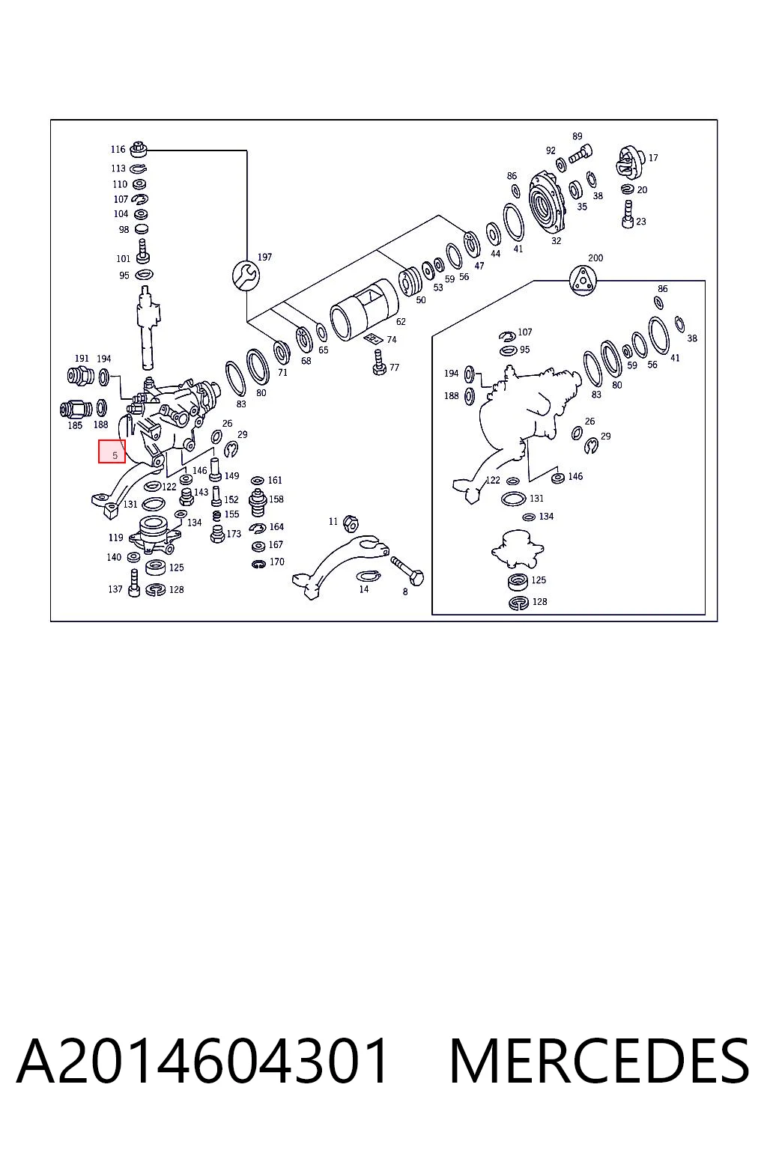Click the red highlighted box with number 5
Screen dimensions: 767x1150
[x=112, y=451]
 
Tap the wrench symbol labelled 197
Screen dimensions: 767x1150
[x=246, y=276]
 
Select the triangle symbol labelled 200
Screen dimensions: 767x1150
[x=583, y=281]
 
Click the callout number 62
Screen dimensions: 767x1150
[x=401, y=322]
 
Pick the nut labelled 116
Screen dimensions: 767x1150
[x=139, y=150]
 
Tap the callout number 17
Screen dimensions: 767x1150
[x=653, y=158]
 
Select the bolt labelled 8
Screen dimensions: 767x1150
[x=407, y=571]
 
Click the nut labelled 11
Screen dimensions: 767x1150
[x=351, y=523]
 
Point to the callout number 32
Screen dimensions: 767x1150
[x=556, y=241]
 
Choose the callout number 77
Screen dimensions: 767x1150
[x=394, y=368]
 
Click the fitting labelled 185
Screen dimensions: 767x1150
[x=76, y=410]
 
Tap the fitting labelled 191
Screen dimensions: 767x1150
[x=81, y=377]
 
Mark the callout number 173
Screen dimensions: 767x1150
[x=234, y=534]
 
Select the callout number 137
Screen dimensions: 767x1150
[x=115, y=589]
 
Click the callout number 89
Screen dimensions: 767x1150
[x=577, y=136]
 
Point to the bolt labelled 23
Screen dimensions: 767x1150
[x=628, y=213]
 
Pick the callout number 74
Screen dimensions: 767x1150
[x=392, y=340]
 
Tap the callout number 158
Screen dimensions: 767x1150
[x=276, y=499]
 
